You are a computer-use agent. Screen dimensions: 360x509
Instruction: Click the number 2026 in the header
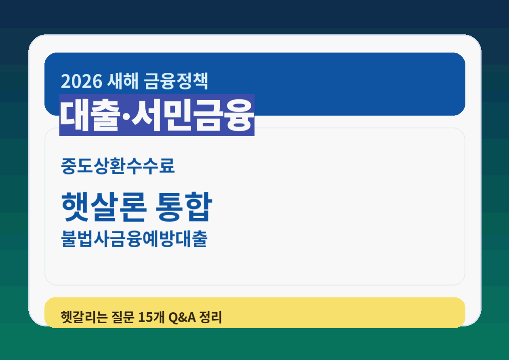click(x=81, y=81)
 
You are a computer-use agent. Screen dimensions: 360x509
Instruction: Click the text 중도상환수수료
click(x=118, y=166)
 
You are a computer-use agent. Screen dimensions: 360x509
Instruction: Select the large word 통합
click(x=183, y=206)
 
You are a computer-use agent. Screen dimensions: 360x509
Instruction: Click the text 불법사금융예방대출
click(x=134, y=239)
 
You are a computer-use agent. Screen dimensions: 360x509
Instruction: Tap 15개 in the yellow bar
click(x=150, y=317)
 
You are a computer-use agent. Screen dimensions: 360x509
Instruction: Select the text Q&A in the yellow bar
click(x=182, y=317)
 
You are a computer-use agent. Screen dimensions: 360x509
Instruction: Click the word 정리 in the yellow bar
click(x=211, y=317)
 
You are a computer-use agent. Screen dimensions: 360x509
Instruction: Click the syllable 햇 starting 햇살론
click(x=76, y=206)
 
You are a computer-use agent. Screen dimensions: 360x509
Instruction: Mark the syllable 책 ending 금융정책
click(x=201, y=81)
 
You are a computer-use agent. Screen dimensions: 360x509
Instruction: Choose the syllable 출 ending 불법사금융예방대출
click(x=200, y=239)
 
